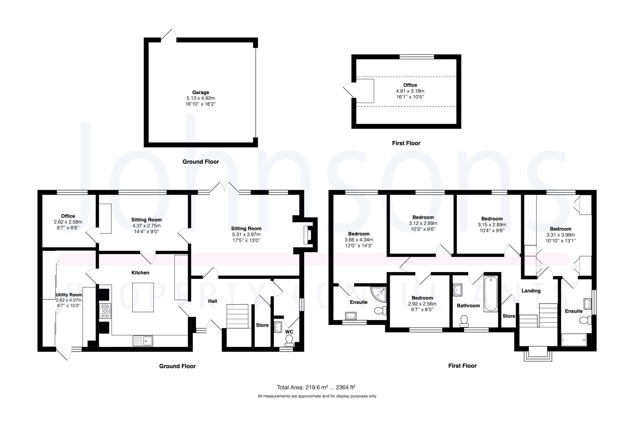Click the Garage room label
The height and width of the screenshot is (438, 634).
(x=200, y=92)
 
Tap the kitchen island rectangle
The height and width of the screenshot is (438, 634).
(x=143, y=297)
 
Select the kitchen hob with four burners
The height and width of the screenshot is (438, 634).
(x=106, y=311)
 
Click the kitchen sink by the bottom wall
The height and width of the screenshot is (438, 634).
(x=143, y=341)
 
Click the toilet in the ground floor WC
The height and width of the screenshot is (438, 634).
(x=289, y=340)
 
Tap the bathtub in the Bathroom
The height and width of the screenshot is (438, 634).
(x=490, y=294)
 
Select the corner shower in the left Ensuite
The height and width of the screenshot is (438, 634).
(x=379, y=294)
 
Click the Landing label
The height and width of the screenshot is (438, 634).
(x=531, y=291)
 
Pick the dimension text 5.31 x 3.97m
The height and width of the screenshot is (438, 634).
(x=246, y=234)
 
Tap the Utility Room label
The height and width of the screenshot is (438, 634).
(x=69, y=295)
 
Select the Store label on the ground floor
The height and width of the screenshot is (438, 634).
(x=262, y=325)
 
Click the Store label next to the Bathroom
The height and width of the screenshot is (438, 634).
(x=509, y=316)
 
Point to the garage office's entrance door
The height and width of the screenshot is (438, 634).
(x=349, y=91)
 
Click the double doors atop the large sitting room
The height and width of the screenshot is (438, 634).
(x=225, y=187)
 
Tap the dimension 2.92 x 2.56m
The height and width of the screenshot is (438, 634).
(x=422, y=304)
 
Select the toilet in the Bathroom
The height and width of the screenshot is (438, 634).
(x=464, y=321)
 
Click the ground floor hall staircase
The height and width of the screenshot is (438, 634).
(x=237, y=316)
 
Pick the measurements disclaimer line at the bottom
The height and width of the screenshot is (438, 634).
(x=317, y=396)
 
